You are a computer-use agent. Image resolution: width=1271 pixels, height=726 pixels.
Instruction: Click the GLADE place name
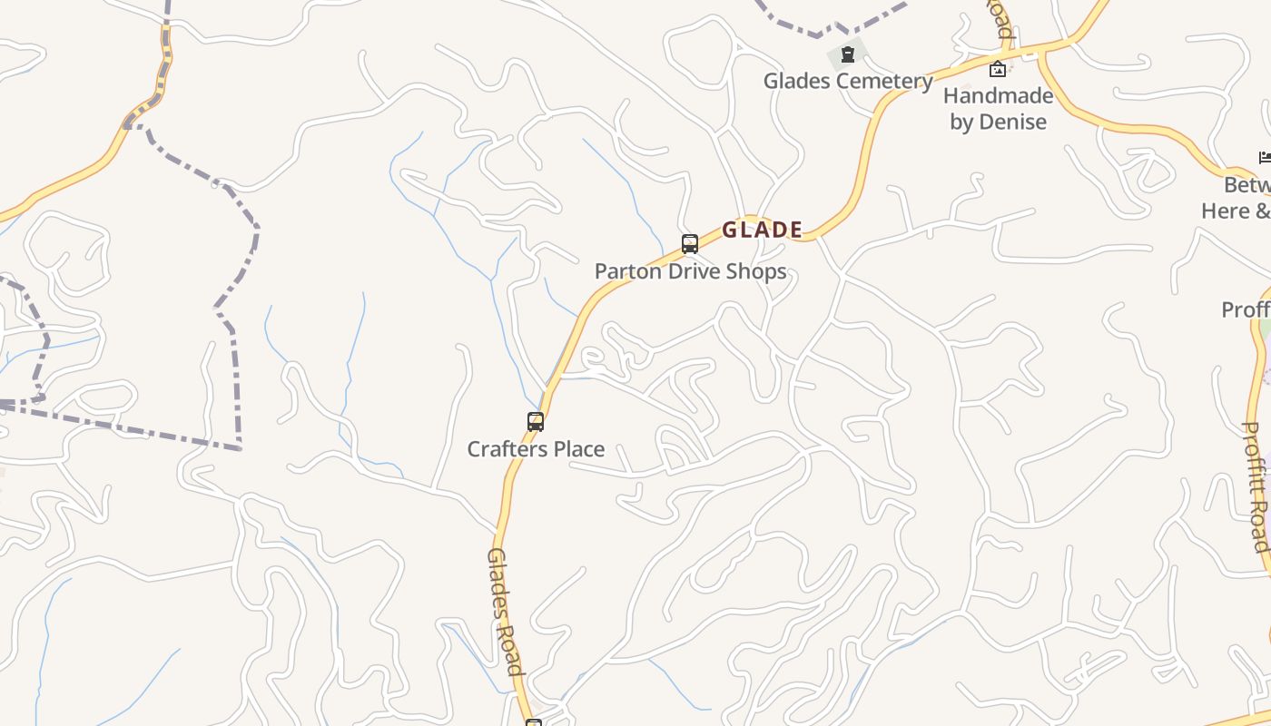763,230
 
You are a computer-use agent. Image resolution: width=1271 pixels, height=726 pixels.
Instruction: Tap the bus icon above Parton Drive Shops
690,243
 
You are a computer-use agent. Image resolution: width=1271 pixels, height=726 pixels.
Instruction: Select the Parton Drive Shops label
690,271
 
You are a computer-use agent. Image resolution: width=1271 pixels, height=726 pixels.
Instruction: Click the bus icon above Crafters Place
536,421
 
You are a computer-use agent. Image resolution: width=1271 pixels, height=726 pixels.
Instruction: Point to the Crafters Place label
536,449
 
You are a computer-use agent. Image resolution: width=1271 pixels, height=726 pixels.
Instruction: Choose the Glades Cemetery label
848,81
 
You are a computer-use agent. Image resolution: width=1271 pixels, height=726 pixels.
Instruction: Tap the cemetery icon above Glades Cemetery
847,54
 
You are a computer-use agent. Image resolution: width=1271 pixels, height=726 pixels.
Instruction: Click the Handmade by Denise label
998,108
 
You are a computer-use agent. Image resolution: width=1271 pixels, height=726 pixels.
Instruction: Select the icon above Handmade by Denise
998,68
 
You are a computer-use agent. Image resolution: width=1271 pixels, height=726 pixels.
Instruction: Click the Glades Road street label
506,612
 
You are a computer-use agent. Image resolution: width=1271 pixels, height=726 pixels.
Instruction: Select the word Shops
755,271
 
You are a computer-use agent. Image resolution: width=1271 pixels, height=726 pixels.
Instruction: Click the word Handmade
998,95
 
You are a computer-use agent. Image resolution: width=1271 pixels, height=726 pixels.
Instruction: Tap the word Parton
626,271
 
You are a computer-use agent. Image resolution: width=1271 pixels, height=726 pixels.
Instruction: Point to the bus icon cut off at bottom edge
534,722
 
